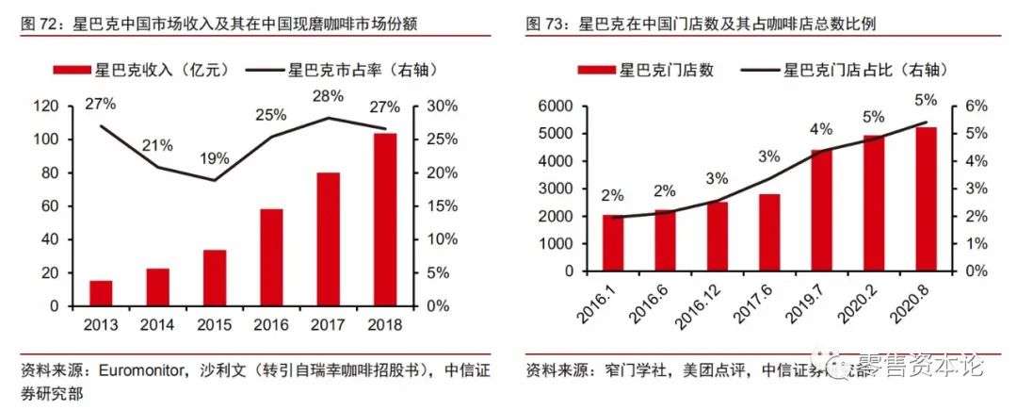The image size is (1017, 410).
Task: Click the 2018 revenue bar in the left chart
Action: (x=384, y=220)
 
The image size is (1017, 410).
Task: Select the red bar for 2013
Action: (x=101, y=293)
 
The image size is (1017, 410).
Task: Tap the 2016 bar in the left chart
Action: (x=271, y=257)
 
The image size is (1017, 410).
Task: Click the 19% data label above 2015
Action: (x=214, y=158)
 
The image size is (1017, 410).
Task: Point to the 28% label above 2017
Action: (x=330, y=96)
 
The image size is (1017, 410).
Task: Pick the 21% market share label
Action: (x=157, y=145)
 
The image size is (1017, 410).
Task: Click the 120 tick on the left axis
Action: (x=47, y=107)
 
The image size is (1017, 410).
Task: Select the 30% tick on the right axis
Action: (x=442, y=107)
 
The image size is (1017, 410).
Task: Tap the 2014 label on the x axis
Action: (x=157, y=324)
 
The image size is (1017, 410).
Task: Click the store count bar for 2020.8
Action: (x=927, y=199)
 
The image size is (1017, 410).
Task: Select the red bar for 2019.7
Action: (x=821, y=210)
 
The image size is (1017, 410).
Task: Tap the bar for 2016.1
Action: (x=613, y=243)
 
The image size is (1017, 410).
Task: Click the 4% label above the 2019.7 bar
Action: (x=821, y=129)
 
